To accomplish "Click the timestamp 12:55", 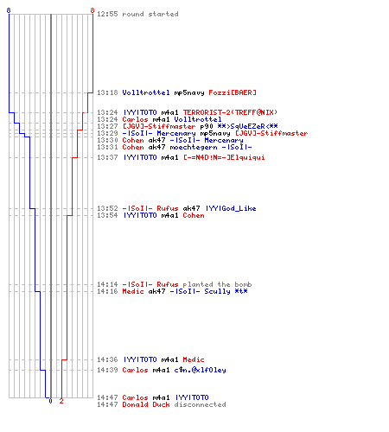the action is [x=107, y=14].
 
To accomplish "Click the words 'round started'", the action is [x=150, y=14].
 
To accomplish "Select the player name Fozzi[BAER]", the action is [x=233, y=92].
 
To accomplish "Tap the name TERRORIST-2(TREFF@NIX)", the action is [x=230, y=112].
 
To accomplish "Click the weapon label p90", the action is [x=207, y=126].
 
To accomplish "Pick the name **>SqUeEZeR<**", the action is [x=247, y=126].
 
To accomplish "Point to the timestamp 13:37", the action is [x=107, y=157].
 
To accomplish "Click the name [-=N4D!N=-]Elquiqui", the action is [x=224, y=157].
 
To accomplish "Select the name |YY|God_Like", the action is [x=231, y=208].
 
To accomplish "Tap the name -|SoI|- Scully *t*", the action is [x=208, y=291].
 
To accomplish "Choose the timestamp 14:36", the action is [x=107, y=359].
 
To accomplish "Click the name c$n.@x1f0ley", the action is [x=200, y=370].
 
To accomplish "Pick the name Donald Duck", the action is [x=146, y=404].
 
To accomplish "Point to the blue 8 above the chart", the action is [x=9, y=10].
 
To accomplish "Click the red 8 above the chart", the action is [x=92, y=10].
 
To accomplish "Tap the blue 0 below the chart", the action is [x=51, y=401].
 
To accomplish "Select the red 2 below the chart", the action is [x=61, y=401].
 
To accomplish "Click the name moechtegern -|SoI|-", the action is [x=211, y=148].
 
